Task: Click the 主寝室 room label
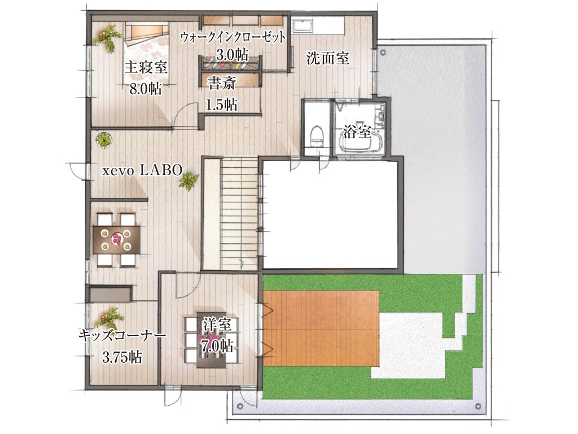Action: click(x=146, y=68)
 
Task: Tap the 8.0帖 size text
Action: click(x=145, y=89)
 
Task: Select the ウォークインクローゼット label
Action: click(x=233, y=37)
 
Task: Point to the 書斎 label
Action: click(x=221, y=84)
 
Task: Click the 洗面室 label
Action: click(x=328, y=58)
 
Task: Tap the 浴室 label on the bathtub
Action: click(x=357, y=132)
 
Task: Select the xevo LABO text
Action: click(x=142, y=170)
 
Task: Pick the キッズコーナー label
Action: click(x=122, y=336)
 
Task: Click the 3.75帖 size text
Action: click(x=122, y=358)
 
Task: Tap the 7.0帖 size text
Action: click(x=217, y=346)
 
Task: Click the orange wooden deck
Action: click(x=321, y=328)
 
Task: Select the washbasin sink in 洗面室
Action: click(x=303, y=27)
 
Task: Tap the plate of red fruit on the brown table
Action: click(x=116, y=238)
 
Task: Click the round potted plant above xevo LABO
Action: click(x=104, y=140)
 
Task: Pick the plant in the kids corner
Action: click(x=110, y=318)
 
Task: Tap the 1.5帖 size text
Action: click(x=221, y=105)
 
